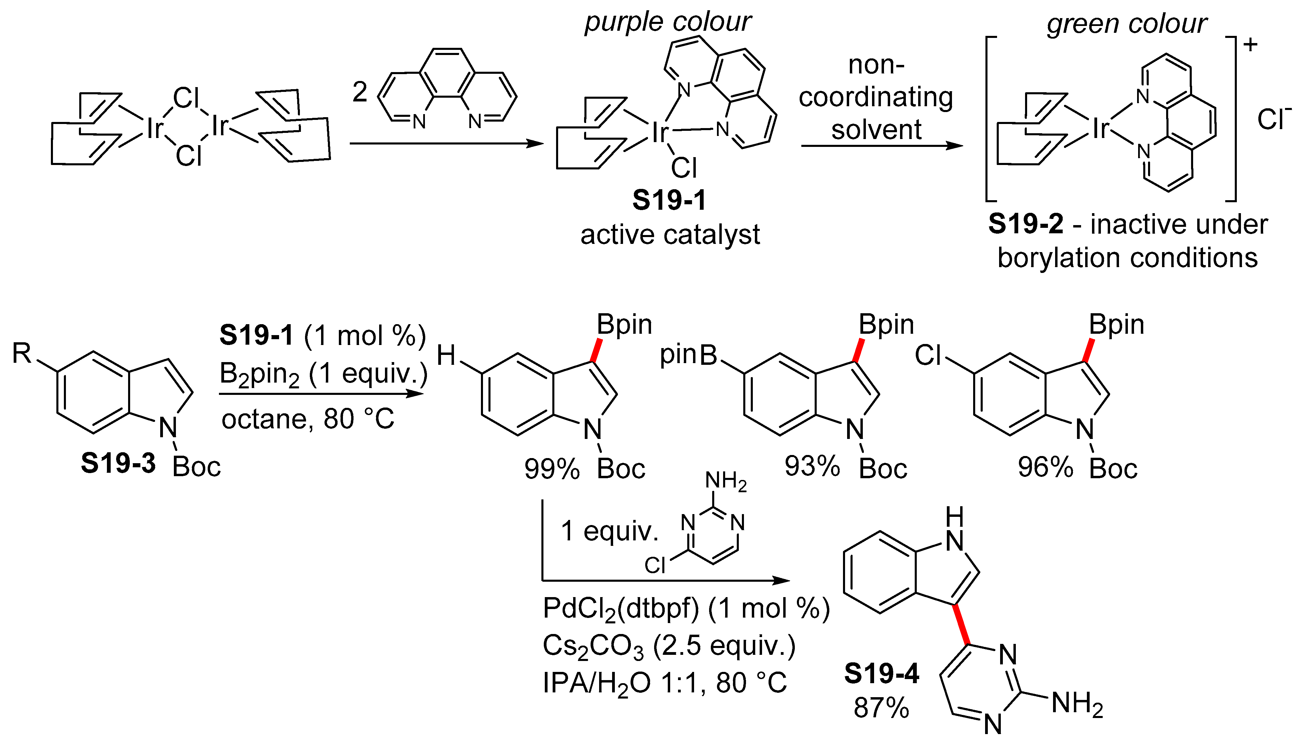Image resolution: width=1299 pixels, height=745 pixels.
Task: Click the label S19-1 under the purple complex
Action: [669, 200]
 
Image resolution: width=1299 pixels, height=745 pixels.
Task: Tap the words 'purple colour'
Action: [668, 22]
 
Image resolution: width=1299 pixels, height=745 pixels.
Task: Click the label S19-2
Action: [1025, 224]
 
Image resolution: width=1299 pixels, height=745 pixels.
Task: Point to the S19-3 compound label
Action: [118, 463]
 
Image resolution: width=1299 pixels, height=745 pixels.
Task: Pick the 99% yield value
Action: [552, 469]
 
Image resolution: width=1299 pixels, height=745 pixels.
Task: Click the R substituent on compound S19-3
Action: [22, 353]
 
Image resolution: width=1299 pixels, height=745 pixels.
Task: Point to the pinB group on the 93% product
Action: [689, 355]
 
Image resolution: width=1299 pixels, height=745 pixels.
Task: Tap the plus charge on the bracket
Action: [1250, 45]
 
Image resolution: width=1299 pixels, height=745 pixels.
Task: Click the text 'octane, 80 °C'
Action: [307, 419]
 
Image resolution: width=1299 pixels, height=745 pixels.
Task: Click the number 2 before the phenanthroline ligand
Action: [360, 92]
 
